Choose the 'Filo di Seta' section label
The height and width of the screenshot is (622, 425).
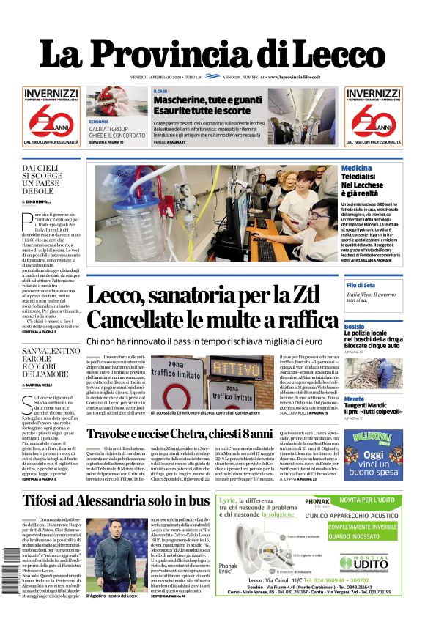pyautogui.click(x=381, y=284)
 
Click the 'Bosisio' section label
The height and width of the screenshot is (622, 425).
pyautogui.click(x=374, y=327)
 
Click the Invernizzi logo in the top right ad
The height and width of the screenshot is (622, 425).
pyautogui.click(x=374, y=94)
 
